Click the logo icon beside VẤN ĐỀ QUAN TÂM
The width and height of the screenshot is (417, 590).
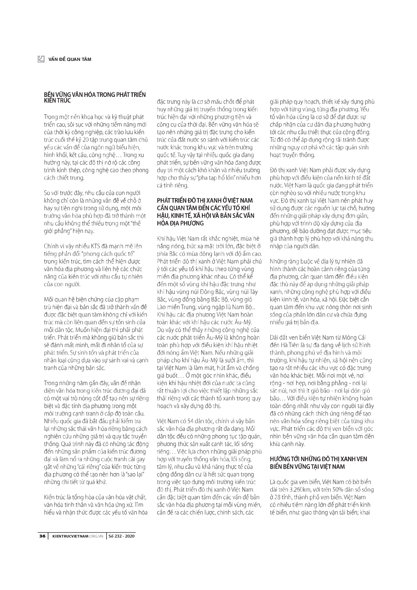41,59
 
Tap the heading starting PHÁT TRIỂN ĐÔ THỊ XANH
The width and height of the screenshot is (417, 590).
205,201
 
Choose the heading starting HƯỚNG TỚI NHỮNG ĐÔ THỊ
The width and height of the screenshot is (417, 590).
319,459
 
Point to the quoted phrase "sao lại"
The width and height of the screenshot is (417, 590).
132,474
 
